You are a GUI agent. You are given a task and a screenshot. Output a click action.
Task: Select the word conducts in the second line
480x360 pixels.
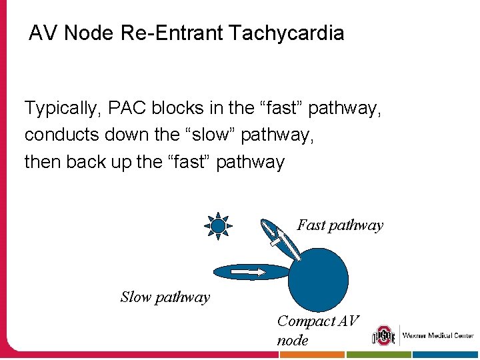(61, 135)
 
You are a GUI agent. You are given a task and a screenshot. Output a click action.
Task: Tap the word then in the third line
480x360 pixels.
(42, 161)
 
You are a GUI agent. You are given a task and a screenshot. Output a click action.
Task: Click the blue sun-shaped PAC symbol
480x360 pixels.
(218, 226)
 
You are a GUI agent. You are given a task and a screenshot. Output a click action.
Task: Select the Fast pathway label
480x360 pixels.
(340, 225)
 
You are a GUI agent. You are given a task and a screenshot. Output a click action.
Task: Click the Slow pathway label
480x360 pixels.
(165, 297)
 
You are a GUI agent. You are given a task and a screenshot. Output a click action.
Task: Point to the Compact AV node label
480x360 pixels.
(317, 330)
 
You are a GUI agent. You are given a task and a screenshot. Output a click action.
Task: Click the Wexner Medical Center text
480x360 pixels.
(438, 335)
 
